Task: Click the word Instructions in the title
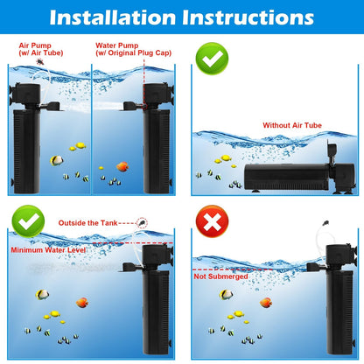coord(248,17)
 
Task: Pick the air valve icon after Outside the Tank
coord(142,223)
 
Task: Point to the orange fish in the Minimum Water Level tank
coord(82,303)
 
